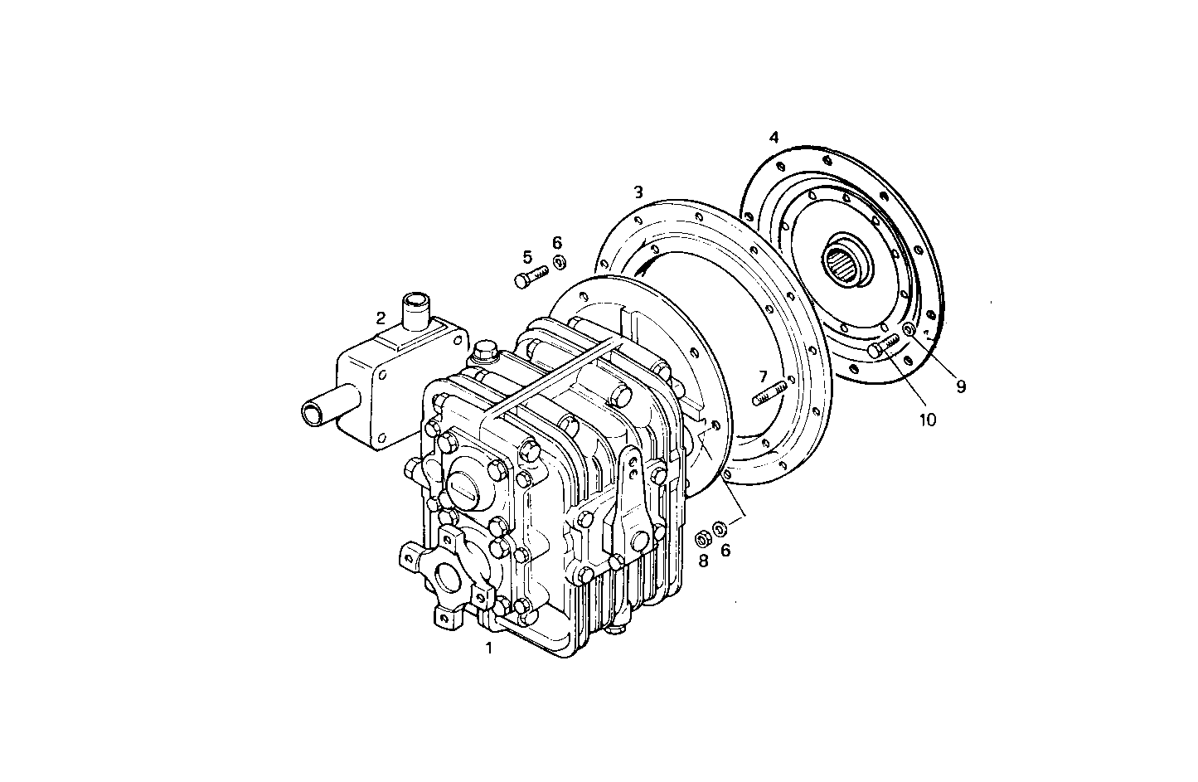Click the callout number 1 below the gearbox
click(489, 648)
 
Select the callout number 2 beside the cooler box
click(381, 318)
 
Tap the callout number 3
click(638, 192)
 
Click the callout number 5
click(527, 257)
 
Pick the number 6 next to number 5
click(557, 242)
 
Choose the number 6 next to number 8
click(725, 549)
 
